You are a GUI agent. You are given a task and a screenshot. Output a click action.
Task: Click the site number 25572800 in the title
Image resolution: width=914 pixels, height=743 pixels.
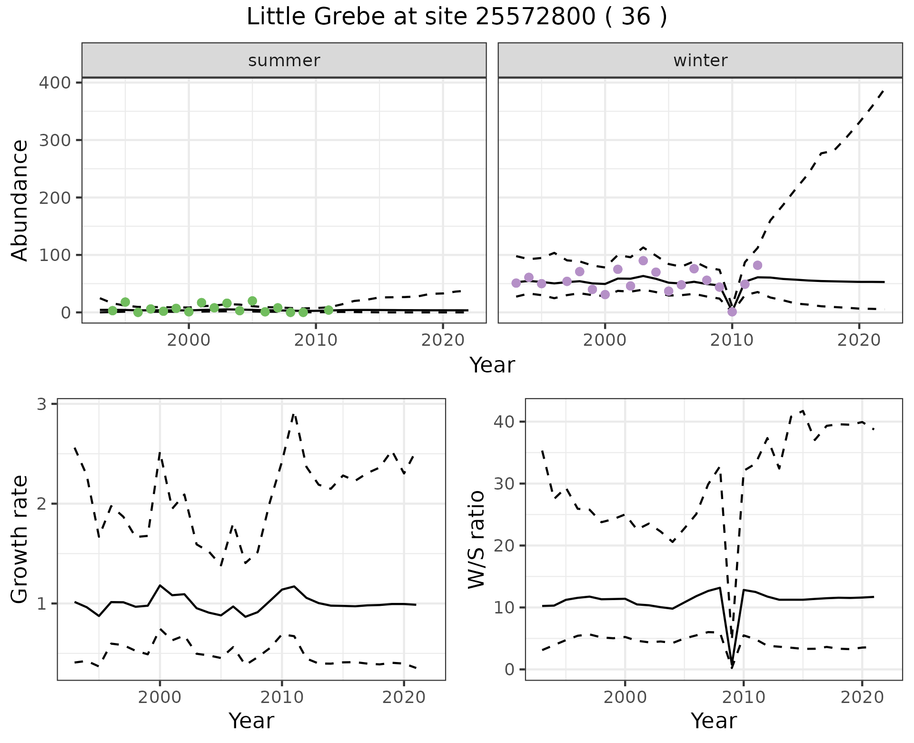[x=535, y=17]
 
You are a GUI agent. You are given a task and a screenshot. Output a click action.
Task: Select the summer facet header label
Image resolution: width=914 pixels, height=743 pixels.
[x=284, y=60]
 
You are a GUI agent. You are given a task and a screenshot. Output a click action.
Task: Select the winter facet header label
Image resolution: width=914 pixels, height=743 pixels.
[x=700, y=60]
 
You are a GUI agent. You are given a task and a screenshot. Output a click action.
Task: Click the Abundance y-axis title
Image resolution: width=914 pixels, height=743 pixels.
[x=20, y=200]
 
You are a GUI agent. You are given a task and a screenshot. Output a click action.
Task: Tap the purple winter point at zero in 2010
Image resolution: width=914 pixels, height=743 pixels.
[x=732, y=312]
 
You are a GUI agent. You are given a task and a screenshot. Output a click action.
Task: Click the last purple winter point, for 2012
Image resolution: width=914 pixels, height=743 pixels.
[x=758, y=265]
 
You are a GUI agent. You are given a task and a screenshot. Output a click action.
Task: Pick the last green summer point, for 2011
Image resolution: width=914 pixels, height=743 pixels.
[x=328, y=310]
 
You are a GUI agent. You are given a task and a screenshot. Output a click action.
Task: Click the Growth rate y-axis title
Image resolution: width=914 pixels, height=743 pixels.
[x=20, y=540]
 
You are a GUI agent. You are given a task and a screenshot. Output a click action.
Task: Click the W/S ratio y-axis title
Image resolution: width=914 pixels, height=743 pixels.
[x=476, y=540]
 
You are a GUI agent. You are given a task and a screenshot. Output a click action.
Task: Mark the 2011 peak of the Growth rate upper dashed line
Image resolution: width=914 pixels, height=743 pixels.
[x=294, y=414]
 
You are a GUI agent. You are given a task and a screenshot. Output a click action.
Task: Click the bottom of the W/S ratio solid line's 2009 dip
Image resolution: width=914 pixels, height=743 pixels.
[x=732, y=667]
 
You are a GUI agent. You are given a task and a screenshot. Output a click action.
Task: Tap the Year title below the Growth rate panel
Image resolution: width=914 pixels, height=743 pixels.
[x=251, y=721]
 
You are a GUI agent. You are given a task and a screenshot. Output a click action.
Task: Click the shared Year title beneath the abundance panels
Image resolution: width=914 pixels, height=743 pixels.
[x=492, y=365]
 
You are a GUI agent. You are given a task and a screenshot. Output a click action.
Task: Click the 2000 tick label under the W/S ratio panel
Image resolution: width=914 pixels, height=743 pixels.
[x=625, y=698]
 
